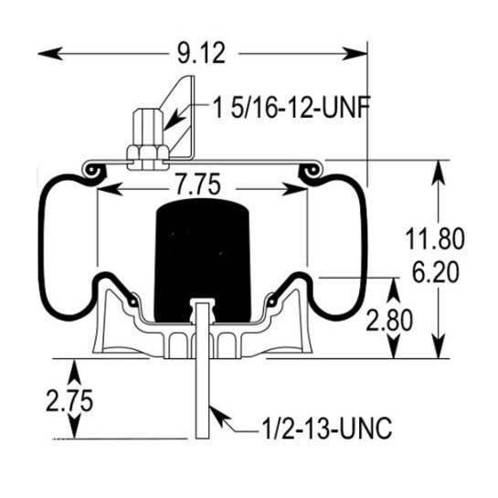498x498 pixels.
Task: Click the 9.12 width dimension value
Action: pyautogui.click(x=201, y=53)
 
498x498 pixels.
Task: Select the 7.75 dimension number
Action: pyautogui.click(x=198, y=185)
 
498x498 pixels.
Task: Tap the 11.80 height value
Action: pyautogui.click(x=435, y=238)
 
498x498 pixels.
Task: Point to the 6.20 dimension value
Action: pyautogui.click(x=436, y=272)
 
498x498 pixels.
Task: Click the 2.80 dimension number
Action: pyautogui.click(x=389, y=321)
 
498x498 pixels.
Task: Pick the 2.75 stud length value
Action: pyautogui.click(x=69, y=400)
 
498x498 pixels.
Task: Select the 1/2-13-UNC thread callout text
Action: pyautogui.click(x=327, y=429)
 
